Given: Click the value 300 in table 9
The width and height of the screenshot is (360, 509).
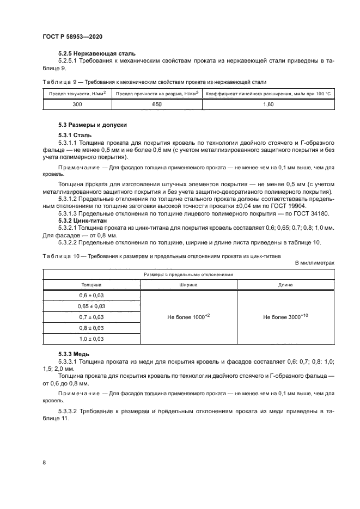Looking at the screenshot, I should pyautogui.click(x=77, y=103).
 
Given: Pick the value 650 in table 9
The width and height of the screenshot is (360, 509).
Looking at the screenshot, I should pyautogui.click(x=156, y=103).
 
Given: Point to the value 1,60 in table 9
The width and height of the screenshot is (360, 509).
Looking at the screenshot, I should pyautogui.click(x=268, y=103).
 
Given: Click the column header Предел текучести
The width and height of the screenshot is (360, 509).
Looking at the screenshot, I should pyautogui.click(x=77, y=93).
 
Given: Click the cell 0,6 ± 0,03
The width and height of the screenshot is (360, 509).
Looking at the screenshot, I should pyautogui.click(x=91, y=295).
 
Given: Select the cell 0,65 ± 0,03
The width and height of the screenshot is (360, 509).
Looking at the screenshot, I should pyautogui.click(x=91, y=306).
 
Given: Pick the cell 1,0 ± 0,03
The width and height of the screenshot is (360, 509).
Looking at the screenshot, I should pyautogui.click(x=91, y=339).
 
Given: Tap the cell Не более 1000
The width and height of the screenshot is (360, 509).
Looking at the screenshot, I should pyautogui.click(x=188, y=316).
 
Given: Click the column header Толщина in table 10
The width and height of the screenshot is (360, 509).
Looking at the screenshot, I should pyautogui.click(x=91, y=284).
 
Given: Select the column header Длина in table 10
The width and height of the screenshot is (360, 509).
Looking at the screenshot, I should pyautogui.click(x=285, y=284).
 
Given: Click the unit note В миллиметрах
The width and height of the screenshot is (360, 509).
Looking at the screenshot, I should pyautogui.click(x=314, y=262).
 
